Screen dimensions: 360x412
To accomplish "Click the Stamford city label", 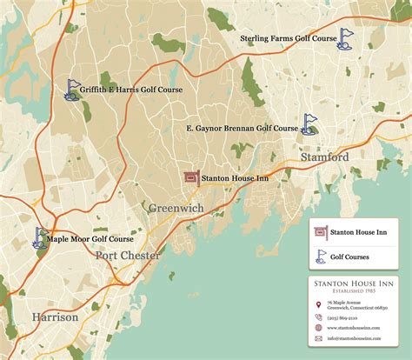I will [324, 157].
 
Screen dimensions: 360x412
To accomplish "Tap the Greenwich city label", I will [176, 209].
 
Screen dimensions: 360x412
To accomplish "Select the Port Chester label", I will [128, 256].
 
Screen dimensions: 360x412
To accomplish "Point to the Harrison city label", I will [55, 317].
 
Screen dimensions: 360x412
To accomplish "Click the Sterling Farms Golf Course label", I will [289, 39].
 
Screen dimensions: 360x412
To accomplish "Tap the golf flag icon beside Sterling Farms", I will [347, 37].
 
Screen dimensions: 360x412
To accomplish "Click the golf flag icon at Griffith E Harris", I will [73, 89].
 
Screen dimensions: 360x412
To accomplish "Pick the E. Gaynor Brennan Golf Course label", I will [243, 128].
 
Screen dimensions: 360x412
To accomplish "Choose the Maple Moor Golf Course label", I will [90, 238].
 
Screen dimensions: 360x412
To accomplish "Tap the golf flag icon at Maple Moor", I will [40, 237].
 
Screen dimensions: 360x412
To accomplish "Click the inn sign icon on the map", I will [191, 178].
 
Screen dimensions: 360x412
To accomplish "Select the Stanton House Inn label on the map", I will [235, 179].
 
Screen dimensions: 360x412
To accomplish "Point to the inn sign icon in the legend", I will [319, 232].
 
